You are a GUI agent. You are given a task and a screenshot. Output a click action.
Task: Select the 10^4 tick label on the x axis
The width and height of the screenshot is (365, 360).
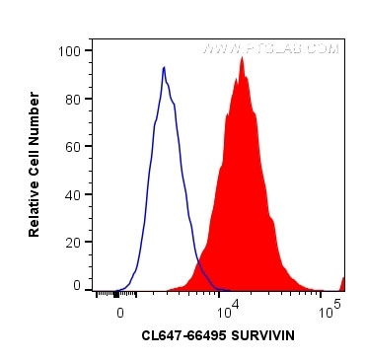tap(226, 310)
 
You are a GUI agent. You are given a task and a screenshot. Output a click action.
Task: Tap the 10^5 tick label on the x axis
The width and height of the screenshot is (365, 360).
tap(330, 310)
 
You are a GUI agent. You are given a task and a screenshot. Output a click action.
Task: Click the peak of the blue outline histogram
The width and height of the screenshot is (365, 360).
tap(164, 68)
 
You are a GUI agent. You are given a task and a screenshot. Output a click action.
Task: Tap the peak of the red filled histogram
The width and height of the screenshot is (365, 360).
tap(240, 57)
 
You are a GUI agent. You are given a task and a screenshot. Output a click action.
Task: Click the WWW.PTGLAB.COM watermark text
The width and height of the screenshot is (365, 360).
tap(270, 47)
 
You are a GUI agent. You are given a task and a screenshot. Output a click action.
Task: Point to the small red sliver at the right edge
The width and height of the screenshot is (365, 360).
tap(342, 284)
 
